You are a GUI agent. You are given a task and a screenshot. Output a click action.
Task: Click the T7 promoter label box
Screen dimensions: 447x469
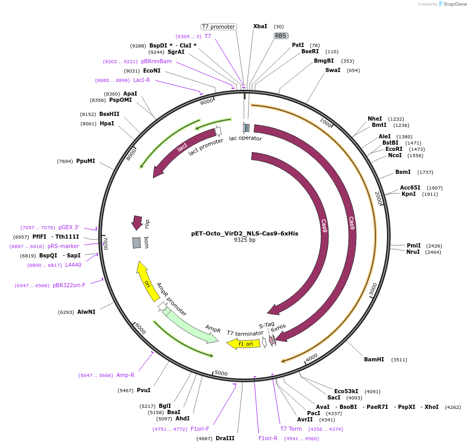click(x=218, y=27)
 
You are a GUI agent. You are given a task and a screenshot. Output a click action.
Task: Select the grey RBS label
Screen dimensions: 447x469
click(x=281, y=36)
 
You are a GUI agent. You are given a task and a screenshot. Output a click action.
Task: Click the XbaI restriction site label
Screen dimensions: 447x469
click(x=260, y=26)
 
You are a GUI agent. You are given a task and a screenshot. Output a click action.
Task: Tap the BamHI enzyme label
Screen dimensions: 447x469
click(x=374, y=359)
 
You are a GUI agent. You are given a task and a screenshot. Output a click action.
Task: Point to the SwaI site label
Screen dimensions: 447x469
click(x=333, y=70)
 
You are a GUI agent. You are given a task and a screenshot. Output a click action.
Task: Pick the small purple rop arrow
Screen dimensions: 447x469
click(x=137, y=222)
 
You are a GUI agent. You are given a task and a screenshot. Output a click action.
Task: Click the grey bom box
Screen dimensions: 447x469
click(x=137, y=243)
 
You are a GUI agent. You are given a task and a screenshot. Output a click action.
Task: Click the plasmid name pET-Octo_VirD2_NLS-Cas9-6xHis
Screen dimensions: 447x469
click(x=244, y=233)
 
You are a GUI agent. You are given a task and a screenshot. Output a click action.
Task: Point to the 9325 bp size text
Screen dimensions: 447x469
click(x=244, y=240)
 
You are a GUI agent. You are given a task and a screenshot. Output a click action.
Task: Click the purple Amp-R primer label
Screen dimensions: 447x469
click(x=125, y=375)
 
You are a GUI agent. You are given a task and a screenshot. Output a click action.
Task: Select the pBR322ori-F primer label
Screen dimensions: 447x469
click(x=69, y=285)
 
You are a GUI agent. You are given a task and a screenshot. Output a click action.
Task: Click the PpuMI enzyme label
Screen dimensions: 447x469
click(x=86, y=161)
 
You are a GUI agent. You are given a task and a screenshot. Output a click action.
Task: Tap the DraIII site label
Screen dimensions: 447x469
click(x=225, y=438)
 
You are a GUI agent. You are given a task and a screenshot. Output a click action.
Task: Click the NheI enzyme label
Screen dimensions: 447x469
click(x=375, y=119)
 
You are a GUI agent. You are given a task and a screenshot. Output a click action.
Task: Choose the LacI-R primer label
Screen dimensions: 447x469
click(x=142, y=80)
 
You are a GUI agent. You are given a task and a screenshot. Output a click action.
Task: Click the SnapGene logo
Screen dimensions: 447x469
click(x=452, y=4)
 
